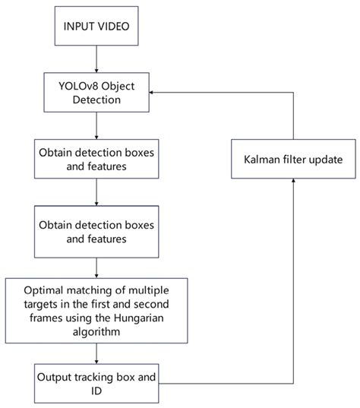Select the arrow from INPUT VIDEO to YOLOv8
[x=94, y=61]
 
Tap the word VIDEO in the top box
[x=115, y=28]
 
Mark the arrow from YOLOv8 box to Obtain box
[x=94, y=125]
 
